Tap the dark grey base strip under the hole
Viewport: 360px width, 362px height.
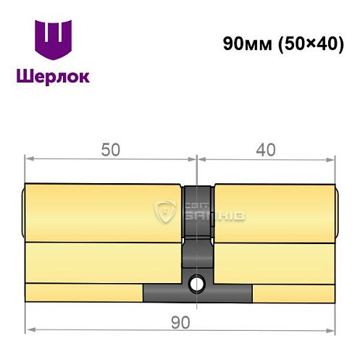(197, 294)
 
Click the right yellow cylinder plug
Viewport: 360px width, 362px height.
(275, 211)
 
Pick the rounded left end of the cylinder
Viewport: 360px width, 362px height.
(24, 211)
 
